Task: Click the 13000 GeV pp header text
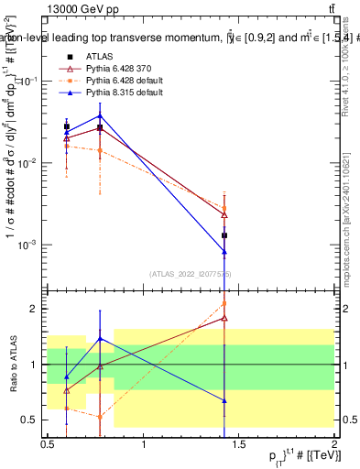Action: coord(78,8)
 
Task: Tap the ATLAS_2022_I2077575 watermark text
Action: coord(191,274)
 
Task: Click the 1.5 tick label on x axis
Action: coord(238,442)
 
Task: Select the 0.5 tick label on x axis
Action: coord(48,442)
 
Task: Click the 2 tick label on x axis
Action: coord(334,442)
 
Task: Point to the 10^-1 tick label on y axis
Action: coord(30,81)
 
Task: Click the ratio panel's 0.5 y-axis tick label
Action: coord(31,420)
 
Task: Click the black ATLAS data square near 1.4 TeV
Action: coord(224,235)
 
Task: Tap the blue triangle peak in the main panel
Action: coord(100,115)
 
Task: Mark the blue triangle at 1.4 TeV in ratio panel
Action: coord(224,400)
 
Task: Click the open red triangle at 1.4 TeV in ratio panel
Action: coord(224,319)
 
